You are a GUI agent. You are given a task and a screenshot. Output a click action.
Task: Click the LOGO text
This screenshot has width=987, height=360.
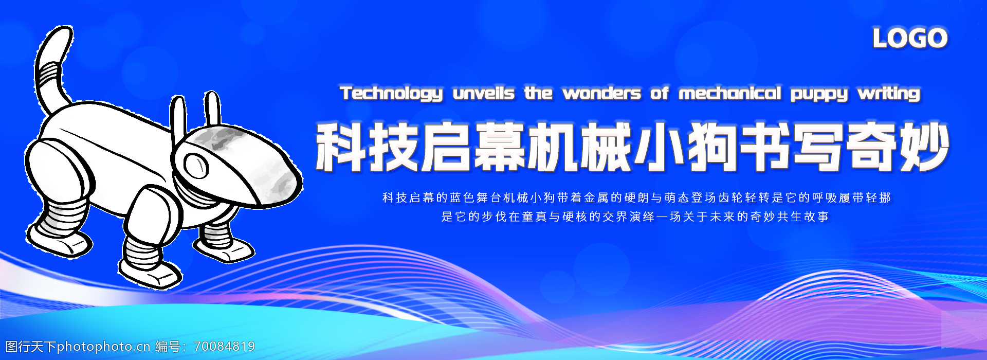tap(910, 38)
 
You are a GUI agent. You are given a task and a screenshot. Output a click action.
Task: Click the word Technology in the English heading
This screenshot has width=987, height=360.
tap(391, 94)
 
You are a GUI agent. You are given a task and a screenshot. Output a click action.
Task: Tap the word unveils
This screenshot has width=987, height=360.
tap(484, 93)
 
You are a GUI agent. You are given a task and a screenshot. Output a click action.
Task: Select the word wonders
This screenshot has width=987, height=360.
tap(602, 94)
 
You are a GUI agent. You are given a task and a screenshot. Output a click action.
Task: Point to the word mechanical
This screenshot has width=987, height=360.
tap(730, 93)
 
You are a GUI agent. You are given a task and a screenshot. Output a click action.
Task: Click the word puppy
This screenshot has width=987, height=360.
tap(819, 95)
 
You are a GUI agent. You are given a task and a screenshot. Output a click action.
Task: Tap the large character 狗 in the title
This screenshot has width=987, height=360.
tap(712, 147)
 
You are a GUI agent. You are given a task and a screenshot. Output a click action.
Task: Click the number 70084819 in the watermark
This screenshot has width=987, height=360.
tap(224, 347)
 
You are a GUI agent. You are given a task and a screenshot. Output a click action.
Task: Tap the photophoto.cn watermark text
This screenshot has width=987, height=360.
tap(103, 347)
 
